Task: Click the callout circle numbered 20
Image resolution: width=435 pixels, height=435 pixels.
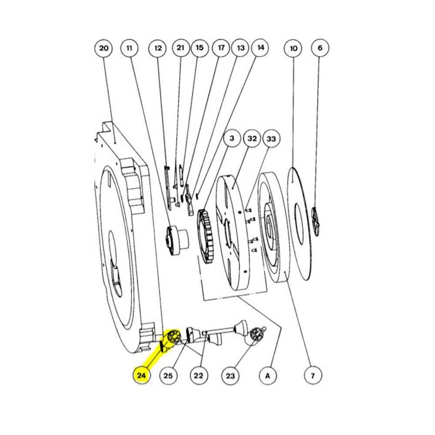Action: point(104,49)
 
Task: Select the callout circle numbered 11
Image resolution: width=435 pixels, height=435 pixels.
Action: point(129,49)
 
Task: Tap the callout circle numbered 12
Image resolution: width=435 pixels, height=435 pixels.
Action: point(157,49)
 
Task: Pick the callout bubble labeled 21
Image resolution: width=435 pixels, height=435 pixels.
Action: point(181,48)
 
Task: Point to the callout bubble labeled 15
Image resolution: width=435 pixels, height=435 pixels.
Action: point(200,48)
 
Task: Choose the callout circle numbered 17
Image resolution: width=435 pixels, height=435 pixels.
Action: point(221,48)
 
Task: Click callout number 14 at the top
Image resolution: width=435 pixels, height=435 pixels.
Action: point(260,48)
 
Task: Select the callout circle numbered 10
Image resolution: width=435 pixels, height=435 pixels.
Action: point(293,49)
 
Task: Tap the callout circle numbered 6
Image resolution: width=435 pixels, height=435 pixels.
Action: point(320,48)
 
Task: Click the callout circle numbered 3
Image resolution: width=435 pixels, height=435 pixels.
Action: point(232,138)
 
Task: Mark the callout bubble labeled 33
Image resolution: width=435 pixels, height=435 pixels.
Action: point(271,139)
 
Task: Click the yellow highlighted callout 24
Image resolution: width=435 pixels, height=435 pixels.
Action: point(141,376)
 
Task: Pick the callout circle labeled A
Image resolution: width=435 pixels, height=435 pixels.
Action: point(268,376)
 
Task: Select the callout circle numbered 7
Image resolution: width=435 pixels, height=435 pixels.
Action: point(313,376)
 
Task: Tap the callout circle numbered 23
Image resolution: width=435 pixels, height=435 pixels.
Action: point(230,376)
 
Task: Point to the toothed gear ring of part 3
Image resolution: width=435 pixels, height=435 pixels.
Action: point(205,237)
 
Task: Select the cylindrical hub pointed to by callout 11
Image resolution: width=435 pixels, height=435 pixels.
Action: point(177,240)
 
